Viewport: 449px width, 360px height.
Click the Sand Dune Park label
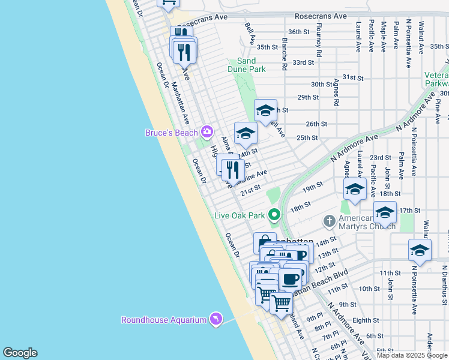(246, 65)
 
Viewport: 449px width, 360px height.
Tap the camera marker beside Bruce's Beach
(207, 131)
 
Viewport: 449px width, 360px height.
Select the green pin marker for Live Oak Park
(274, 214)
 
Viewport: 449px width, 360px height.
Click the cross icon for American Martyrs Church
(329, 221)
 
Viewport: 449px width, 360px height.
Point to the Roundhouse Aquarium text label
(164, 320)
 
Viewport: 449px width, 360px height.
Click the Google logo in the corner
(20, 353)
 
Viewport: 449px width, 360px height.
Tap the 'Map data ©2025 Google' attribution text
(412, 355)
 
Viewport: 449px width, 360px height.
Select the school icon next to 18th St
(355, 189)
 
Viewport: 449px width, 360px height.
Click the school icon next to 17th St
(385, 212)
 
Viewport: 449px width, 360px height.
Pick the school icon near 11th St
(420, 250)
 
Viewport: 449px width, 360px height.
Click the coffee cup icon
(291, 279)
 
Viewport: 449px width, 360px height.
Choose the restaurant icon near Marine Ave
(233, 170)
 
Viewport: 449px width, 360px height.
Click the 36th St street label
(298, 31)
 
